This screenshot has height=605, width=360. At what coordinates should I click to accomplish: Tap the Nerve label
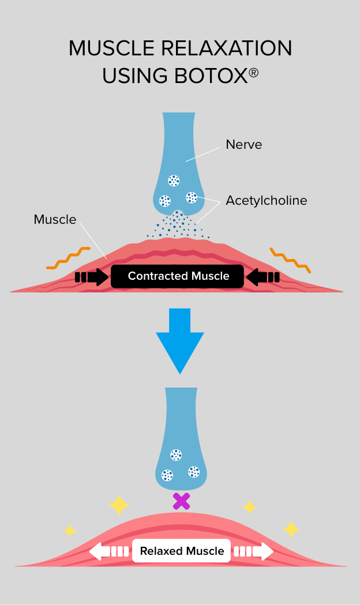(244, 145)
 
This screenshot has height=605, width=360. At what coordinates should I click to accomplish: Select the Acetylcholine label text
(266, 201)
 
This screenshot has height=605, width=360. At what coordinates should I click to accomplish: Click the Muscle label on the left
(55, 219)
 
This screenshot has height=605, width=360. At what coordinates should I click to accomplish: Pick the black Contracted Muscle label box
(178, 276)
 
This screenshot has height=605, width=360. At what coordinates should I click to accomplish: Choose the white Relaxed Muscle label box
(182, 551)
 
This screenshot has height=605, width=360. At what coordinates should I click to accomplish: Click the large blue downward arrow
(180, 340)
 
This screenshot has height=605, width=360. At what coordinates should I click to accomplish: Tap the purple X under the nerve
(181, 501)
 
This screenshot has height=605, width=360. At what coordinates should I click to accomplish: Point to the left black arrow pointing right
(92, 277)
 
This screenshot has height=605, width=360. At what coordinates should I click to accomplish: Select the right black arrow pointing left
(263, 277)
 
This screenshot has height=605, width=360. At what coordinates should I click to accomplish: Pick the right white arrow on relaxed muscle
(254, 551)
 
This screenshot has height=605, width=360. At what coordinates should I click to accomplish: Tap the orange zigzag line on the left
(69, 258)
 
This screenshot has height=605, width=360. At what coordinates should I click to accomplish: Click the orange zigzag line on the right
(290, 260)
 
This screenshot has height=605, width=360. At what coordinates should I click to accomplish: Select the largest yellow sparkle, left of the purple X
(119, 505)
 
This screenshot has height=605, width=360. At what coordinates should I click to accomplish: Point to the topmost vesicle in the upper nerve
(174, 181)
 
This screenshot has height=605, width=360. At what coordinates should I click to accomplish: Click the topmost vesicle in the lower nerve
(176, 455)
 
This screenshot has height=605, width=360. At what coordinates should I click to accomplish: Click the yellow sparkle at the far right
(291, 529)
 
